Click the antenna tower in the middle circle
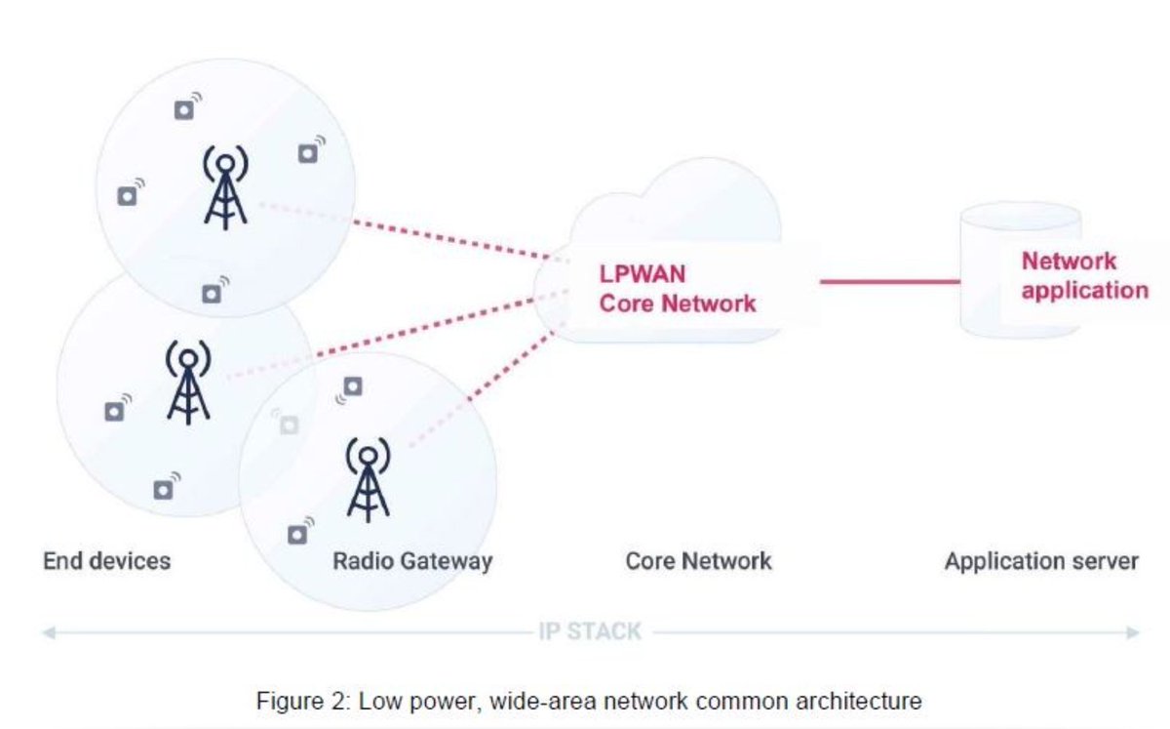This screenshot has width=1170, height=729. [x=188, y=383]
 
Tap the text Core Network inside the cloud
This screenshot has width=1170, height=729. [x=678, y=304]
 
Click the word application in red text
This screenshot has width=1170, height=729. [x=1085, y=290]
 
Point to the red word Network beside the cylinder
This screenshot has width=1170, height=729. [x=1069, y=262]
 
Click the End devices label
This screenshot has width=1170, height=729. [x=107, y=561]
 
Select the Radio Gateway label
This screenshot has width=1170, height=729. [x=411, y=561]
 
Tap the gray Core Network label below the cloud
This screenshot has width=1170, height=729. [x=698, y=561]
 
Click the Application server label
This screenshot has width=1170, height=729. [x=1041, y=561]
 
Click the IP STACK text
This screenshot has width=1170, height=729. [x=590, y=631]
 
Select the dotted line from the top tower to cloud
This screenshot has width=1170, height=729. [x=458, y=240]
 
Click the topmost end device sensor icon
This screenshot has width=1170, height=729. [x=185, y=110]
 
